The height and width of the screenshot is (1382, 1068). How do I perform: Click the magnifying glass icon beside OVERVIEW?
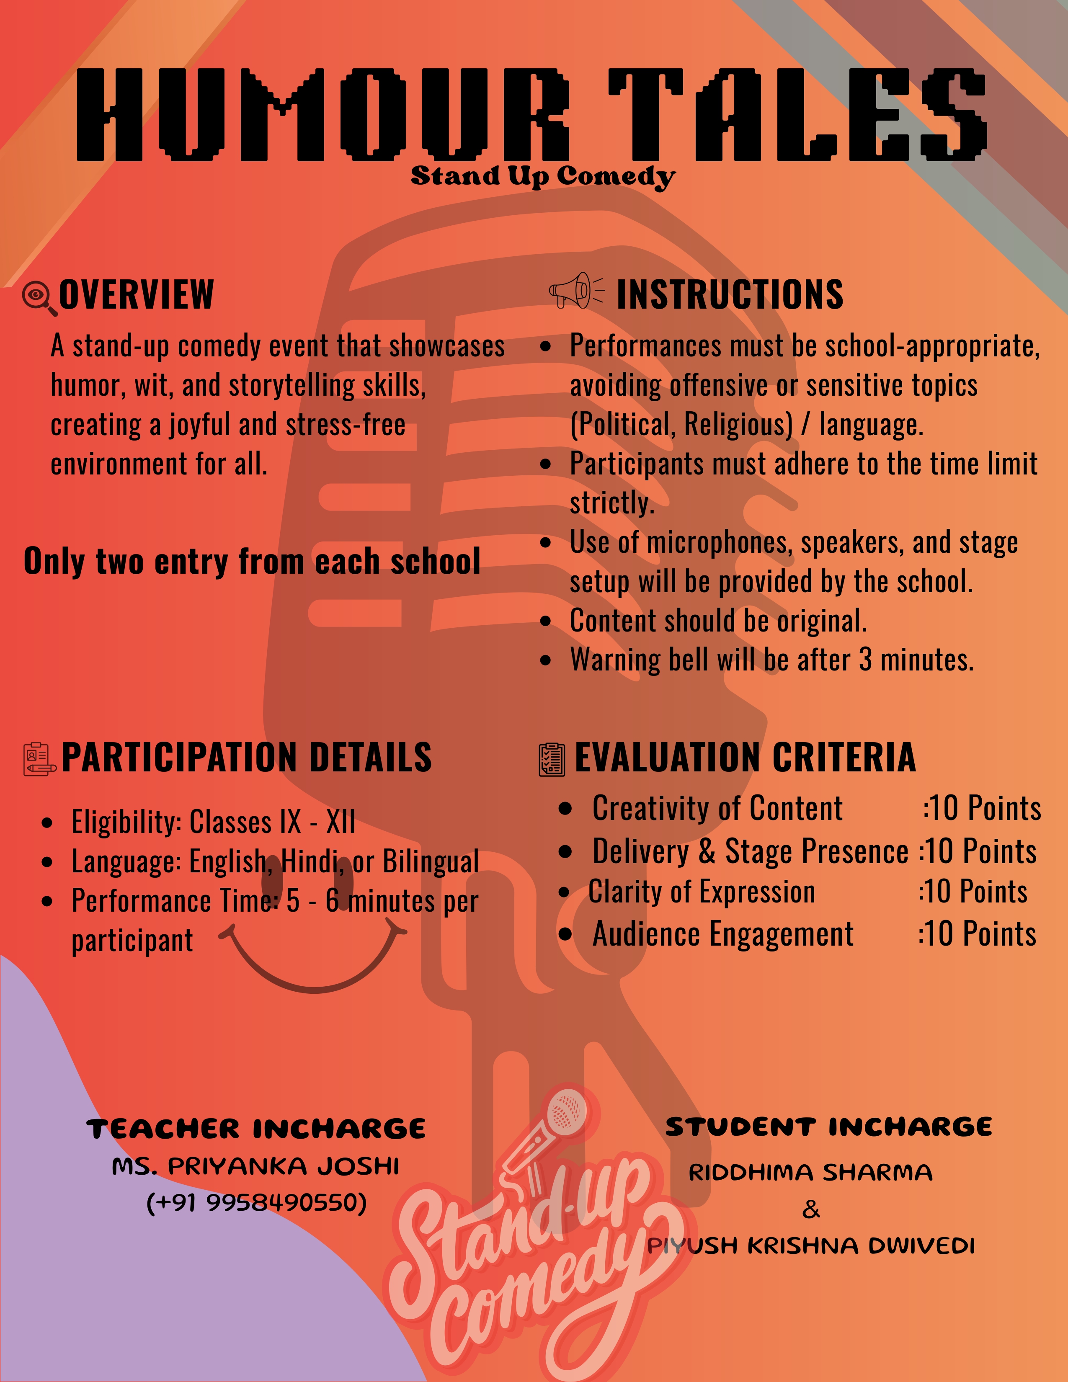pyautogui.click(x=38, y=297)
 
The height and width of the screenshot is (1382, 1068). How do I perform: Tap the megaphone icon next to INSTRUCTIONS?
pyautogui.click(x=575, y=292)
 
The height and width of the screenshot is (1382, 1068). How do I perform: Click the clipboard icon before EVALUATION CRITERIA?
pyautogui.click(x=552, y=759)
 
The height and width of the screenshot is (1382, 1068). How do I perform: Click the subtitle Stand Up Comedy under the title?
pyautogui.click(x=543, y=177)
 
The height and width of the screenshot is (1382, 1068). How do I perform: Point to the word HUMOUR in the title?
pyautogui.click(x=322, y=114)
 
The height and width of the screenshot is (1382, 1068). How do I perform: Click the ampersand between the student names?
pyautogui.click(x=810, y=1209)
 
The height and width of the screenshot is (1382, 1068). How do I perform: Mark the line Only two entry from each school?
pyautogui.click(x=252, y=561)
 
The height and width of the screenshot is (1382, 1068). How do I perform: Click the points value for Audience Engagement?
pyautogui.click(x=977, y=933)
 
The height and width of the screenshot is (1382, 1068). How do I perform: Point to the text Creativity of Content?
pyautogui.click(x=717, y=808)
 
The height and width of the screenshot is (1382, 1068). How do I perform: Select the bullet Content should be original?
pyautogui.click(x=718, y=621)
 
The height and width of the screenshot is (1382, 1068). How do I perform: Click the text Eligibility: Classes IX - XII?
pyautogui.click(x=213, y=822)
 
